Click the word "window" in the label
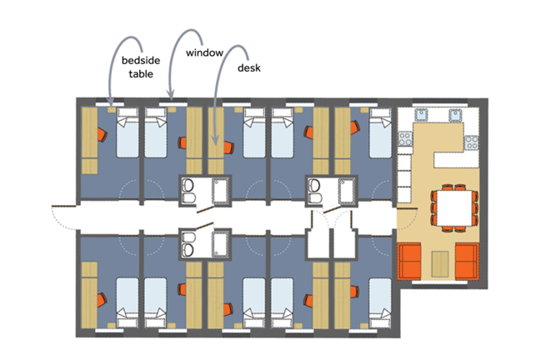[x=204, y=52]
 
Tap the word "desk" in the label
[x=249, y=67]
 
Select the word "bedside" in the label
[x=141, y=60]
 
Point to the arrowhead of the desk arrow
[x=214, y=140]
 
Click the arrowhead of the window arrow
[x=170, y=94]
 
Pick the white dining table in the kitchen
[x=454, y=207]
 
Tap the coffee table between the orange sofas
[x=440, y=264]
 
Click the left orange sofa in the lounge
[x=409, y=261]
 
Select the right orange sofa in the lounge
[x=467, y=261]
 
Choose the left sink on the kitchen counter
[x=421, y=115]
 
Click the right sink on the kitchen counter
[x=455, y=115]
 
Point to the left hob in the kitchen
[x=405, y=139]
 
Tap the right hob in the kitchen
[x=471, y=142]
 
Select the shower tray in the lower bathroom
[x=221, y=244]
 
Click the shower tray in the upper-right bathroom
[x=347, y=191]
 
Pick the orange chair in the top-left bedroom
[x=102, y=134]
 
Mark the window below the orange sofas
[x=439, y=282]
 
